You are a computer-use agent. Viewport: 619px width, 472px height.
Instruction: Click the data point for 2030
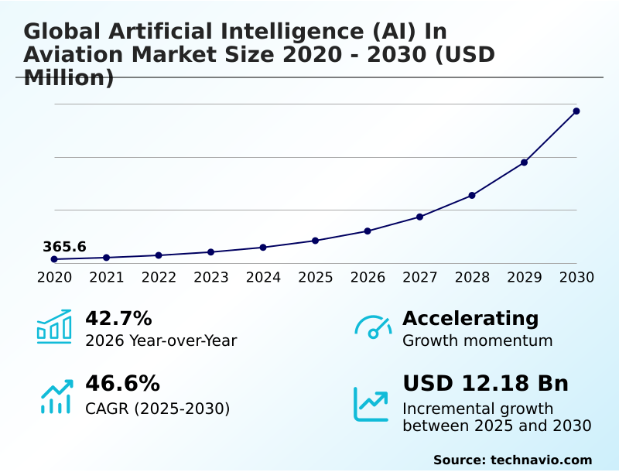point(576,111)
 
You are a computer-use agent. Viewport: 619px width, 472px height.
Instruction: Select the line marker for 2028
point(472,195)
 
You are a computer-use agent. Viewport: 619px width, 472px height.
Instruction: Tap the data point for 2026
point(368,231)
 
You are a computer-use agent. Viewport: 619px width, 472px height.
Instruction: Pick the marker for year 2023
point(210,252)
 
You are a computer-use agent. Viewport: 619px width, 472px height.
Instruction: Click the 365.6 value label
point(64,247)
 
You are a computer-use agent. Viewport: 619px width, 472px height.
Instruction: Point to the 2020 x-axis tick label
point(54,278)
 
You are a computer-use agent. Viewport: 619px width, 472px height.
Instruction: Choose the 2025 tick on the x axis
point(315,278)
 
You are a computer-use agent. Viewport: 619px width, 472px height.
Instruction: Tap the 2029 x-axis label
point(525,278)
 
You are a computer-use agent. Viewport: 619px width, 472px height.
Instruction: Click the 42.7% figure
point(118,319)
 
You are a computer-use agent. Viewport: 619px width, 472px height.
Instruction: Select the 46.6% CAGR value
point(122,384)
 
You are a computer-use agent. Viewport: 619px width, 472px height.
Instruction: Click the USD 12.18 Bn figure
point(485,384)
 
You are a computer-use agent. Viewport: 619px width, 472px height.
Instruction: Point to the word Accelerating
point(470,319)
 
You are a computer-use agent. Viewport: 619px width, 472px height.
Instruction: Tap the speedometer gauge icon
point(373,327)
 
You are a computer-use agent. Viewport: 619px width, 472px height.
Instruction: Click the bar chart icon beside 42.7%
point(54,327)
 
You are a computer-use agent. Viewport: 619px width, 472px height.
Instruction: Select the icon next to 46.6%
point(56,396)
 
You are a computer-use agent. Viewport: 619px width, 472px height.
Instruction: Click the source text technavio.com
point(541,460)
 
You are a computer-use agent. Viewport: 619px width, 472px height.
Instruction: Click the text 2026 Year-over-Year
point(161,341)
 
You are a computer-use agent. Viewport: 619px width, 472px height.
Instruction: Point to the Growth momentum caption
point(477,341)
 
